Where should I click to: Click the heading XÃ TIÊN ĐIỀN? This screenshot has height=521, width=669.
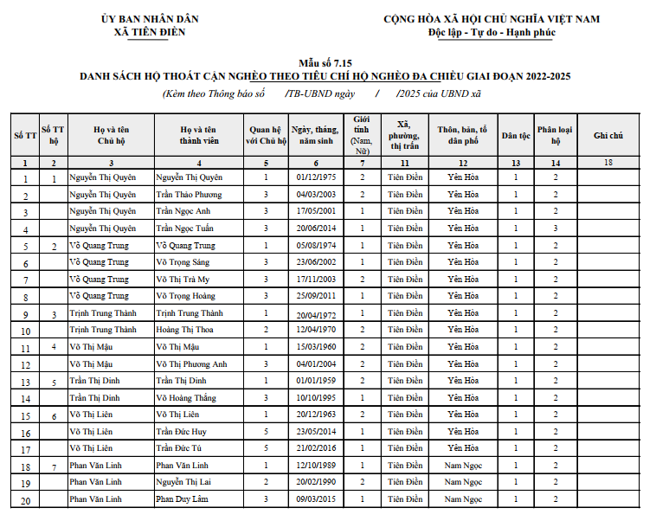(x=150, y=32)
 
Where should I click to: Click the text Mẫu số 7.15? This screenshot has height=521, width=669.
(x=325, y=63)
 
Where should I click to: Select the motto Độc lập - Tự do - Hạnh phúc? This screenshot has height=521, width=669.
(x=492, y=32)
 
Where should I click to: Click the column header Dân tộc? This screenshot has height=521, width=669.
(x=516, y=135)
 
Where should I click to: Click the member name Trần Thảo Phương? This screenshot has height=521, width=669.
(x=189, y=195)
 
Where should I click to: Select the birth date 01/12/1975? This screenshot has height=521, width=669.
(x=314, y=177)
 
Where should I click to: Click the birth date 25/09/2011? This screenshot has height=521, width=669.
(x=314, y=296)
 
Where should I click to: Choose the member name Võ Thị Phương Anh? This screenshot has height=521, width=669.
(x=191, y=364)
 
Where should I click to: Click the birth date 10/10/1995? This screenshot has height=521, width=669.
(x=314, y=398)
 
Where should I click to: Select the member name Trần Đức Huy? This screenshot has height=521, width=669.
(x=181, y=432)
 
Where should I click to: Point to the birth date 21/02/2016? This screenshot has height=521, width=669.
(x=314, y=448)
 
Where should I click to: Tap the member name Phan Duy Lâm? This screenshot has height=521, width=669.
(x=182, y=499)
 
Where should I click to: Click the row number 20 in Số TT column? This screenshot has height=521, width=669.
(x=25, y=501)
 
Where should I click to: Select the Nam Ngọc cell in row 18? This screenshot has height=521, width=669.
(x=463, y=466)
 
